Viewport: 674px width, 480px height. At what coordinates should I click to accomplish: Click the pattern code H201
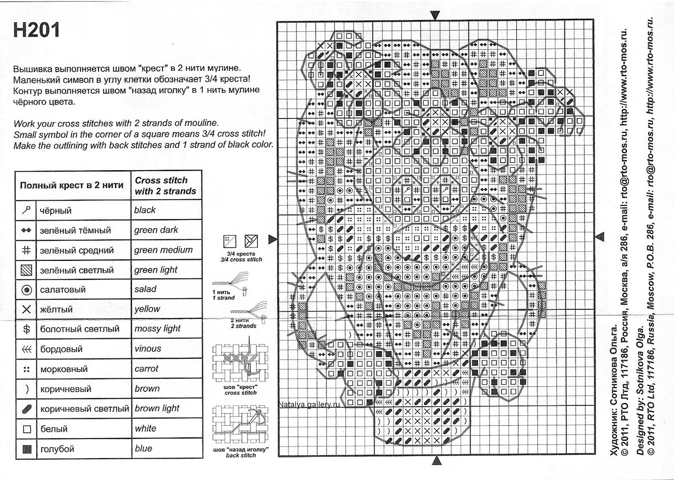37,30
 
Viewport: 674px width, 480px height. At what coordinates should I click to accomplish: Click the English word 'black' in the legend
145,210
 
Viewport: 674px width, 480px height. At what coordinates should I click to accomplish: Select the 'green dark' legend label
156,230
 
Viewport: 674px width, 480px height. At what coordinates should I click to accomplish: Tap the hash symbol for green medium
26,250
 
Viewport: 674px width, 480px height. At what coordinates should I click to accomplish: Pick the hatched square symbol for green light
26,270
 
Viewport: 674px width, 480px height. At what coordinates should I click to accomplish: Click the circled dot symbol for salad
26,290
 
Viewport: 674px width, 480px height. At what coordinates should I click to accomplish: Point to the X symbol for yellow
26,310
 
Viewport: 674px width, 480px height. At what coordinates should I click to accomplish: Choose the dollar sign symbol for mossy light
26,329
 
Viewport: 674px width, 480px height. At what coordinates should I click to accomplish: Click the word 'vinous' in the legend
147,349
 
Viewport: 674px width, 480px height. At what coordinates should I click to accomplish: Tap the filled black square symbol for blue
26,449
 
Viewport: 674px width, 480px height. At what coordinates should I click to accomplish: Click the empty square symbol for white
26,429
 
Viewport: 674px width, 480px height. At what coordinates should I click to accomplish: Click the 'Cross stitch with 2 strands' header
165,185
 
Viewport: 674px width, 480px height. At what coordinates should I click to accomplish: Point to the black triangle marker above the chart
435,16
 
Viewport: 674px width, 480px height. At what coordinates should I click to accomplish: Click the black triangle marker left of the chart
273,239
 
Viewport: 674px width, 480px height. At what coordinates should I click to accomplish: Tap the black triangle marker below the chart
436,461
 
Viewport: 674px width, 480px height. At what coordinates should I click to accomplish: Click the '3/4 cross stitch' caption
241,260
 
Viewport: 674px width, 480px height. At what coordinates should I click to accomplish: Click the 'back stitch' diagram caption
241,455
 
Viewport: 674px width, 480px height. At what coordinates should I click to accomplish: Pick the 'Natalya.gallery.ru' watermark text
309,404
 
